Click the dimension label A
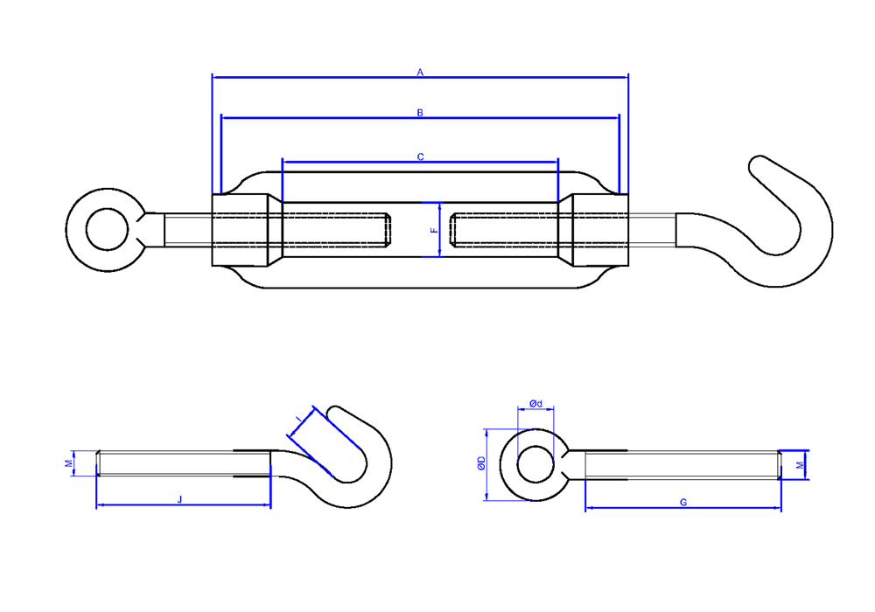420,73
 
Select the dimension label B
420,113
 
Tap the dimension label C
421,157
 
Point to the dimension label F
435,230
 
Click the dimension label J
179,499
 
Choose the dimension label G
683,502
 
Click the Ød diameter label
535,403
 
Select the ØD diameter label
481,463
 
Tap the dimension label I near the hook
298,418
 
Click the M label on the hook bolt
69,463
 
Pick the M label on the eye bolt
801,465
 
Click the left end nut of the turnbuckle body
241,230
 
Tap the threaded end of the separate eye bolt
779,465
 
